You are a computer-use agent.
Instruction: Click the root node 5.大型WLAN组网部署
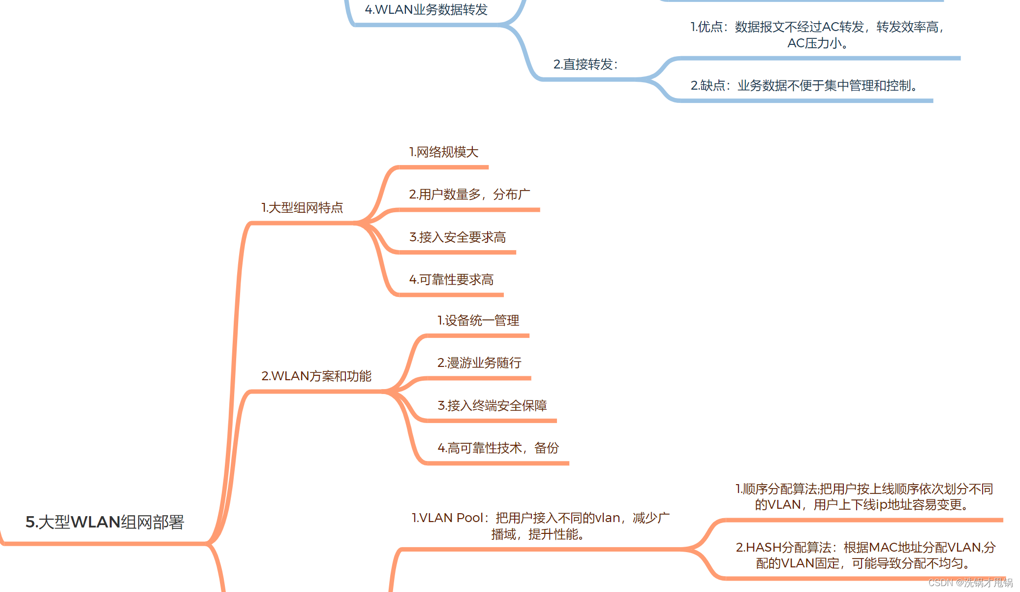tap(104, 522)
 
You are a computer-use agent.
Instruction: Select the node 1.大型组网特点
tap(302, 208)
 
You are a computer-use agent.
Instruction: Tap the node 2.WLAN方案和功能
tap(316, 376)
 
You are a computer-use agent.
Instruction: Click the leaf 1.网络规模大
tap(443, 152)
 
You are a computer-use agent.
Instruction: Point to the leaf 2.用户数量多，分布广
tap(469, 195)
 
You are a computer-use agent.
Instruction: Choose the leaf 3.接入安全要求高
tap(457, 237)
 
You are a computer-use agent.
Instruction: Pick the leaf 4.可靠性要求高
tap(451, 280)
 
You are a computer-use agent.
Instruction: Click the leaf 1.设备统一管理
tap(478, 321)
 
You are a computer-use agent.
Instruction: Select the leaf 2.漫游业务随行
tap(479, 363)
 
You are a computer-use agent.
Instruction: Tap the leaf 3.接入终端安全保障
tap(492, 406)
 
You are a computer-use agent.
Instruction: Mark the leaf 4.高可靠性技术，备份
tap(498, 448)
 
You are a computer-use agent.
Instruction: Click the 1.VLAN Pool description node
tap(540, 526)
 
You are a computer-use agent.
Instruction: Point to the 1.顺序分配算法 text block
tap(864, 496)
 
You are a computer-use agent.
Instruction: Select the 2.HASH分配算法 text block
tap(865, 555)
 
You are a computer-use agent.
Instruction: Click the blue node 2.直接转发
tap(585, 65)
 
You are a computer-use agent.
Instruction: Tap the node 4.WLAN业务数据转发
tap(426, 10)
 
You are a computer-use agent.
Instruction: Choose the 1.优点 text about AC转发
tap(817, 34)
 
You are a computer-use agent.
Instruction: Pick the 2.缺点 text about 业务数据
tap(804, 86)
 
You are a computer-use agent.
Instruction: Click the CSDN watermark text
tap(970, 583)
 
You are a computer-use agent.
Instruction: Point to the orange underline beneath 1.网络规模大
tap(443, 167)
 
